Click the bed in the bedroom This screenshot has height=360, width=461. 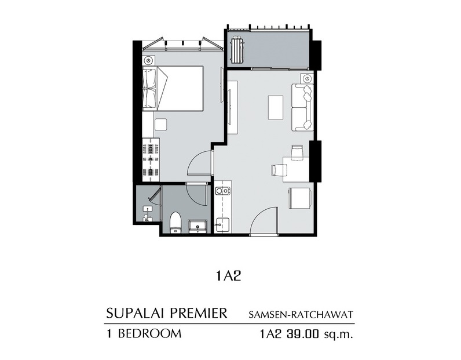(x=173, y=88)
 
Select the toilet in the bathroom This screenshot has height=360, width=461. (x=176, y=223)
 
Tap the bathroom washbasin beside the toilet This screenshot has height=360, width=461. (x=198, y=226)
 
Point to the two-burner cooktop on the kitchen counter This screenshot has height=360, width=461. (x=222, y=191)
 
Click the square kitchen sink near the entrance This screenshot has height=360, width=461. (x=222, y=225)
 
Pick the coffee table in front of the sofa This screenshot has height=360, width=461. (x=276, y=107)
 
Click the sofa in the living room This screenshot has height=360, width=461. (x=302, y=107)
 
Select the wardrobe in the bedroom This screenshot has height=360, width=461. (x=151, y=159)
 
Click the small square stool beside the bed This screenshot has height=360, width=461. (x=160, y=125)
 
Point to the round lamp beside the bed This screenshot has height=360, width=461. (x=148, y=60)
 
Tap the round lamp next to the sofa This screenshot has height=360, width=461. (x=307, y=79)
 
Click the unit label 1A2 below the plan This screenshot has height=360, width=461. (x=228, y=276)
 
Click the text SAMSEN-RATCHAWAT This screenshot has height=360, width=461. (x=301, y=315)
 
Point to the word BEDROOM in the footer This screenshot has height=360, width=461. (x=149, y=333)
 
